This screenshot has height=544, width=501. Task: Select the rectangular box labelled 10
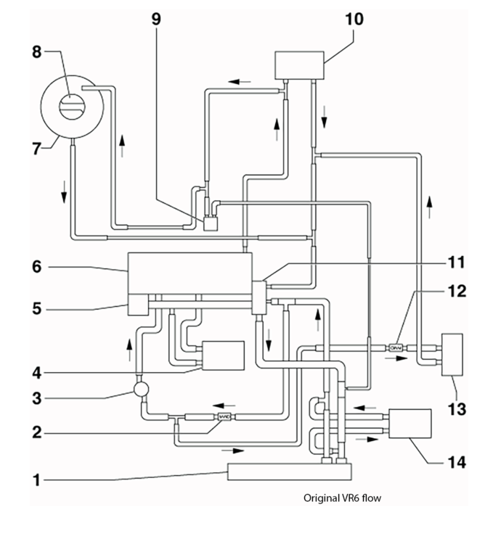pos(299,65)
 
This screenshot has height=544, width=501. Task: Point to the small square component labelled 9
pos(211,223)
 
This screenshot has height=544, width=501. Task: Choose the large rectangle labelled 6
pos(190,273)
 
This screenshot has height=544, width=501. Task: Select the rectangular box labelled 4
pos(223,355)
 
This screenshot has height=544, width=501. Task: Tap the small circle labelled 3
pos(141,389)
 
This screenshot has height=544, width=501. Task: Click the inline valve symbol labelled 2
pos(224,416)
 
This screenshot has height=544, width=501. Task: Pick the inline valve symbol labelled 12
pos(396,347)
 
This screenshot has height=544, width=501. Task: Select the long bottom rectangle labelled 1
pos(288,471)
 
